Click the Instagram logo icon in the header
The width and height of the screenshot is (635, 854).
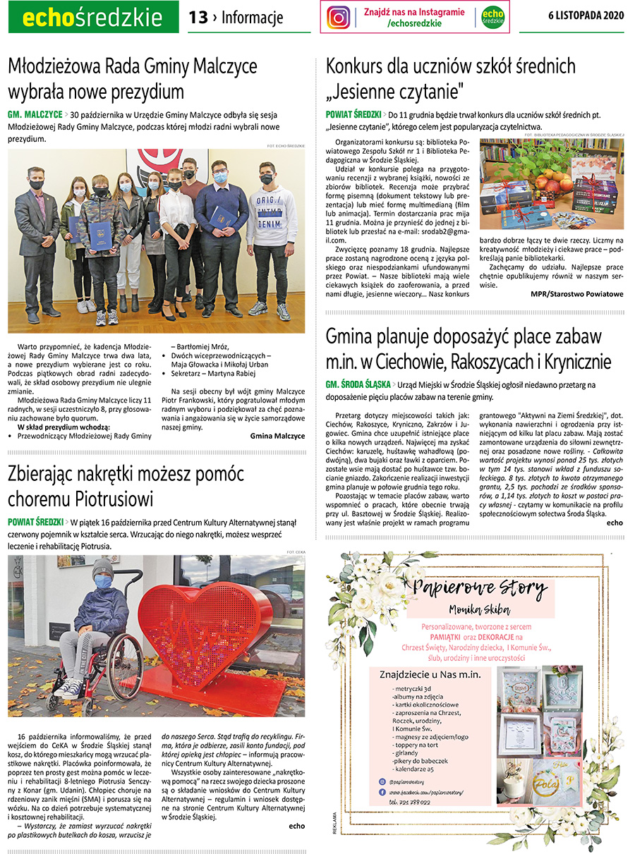coord(339,17)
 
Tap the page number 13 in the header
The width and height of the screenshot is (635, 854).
coord(198,17)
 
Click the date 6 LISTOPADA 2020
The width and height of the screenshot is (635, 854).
coord(586,16)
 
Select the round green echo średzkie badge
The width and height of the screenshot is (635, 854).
coord(492,17)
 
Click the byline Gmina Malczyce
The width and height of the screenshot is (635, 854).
coord(277,436)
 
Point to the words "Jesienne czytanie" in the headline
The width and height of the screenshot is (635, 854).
coord(395,91)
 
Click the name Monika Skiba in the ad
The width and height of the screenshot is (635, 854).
coord(481,609)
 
